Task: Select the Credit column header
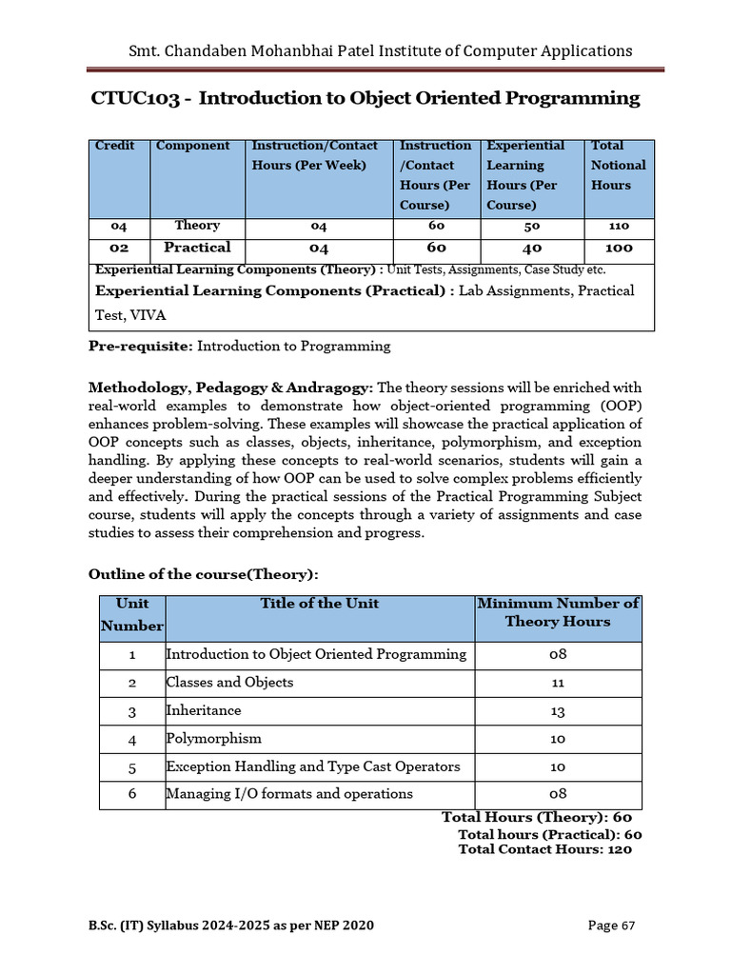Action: click(x=114, y=146)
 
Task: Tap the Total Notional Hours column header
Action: click(x=618, y=165)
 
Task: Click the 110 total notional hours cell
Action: click(x=618, y=227)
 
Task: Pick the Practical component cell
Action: click(x=197, y=248)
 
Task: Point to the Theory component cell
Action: click(x=197, y=226)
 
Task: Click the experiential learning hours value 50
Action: click(x=531, y=227)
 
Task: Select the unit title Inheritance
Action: click(x=204, y=710)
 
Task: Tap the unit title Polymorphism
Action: click(x=213, y=738)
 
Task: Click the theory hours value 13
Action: click(x=558, y=711)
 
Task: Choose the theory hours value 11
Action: click(x=558, y=683)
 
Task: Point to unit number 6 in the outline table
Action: click(x=132, y=794)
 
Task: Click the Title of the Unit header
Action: click(x=319, y=604)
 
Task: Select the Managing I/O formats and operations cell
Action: click(x=289, y=794)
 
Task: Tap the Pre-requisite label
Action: click(x=140, y=347)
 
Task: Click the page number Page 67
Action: click(x=611, y=925)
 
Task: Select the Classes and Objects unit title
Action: click(x=229, y=683)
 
